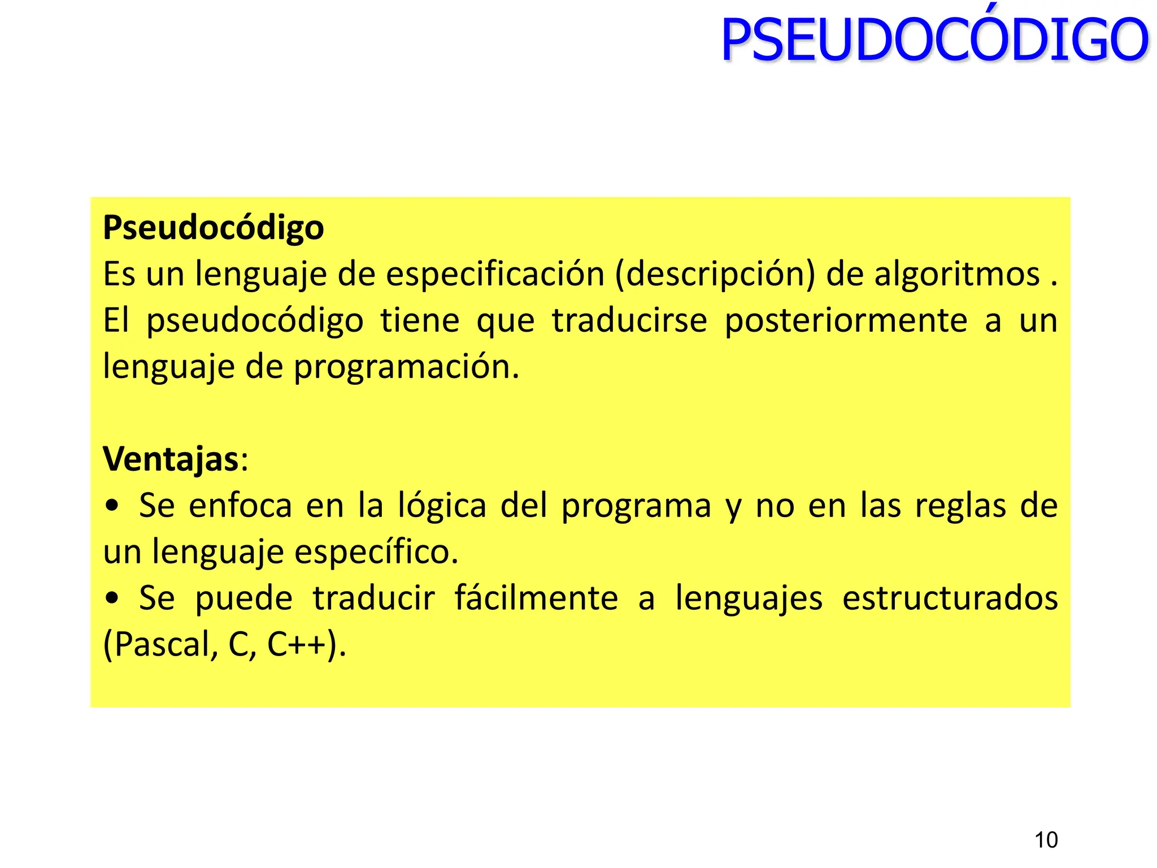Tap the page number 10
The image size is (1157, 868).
(1046, 840)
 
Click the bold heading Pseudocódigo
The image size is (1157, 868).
(213, 228)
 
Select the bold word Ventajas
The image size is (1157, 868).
(171, 459)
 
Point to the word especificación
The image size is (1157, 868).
(495, 275)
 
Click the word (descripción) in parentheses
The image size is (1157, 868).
(715, 275)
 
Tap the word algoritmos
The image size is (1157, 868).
(957, 275)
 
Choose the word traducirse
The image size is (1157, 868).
(629, 321)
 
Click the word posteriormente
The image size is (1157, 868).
(846, 321)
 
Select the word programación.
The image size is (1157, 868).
(406, 367)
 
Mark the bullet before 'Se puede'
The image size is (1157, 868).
(112, 598)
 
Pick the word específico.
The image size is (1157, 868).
(376, 552)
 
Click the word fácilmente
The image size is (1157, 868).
(536, 598)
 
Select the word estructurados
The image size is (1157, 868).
(950, 598)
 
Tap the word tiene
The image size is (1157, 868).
(420, 321)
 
